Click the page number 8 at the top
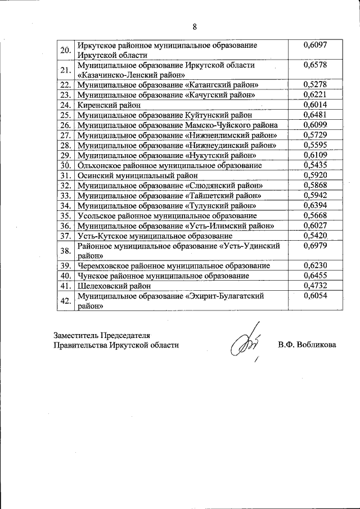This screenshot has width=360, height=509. point(195,26)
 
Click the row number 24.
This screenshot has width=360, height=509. point(65,105)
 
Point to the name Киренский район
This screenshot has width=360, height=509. point(109,105)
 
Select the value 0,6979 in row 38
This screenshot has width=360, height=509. point(314,246)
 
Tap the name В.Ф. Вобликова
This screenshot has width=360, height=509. point(306,344)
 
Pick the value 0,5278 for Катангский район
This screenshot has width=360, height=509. point(314,84)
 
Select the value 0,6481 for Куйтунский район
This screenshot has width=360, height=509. point(314,115)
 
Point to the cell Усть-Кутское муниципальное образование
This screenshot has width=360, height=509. point(155,236)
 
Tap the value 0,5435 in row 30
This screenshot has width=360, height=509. point(314,165)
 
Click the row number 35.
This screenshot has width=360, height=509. point(65,215)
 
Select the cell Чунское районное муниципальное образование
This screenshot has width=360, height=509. point(163,276)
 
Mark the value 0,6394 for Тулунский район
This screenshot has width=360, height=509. point(314,205)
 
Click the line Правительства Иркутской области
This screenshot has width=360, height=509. point(116,345)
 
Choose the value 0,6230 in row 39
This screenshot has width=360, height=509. point(314,265)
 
